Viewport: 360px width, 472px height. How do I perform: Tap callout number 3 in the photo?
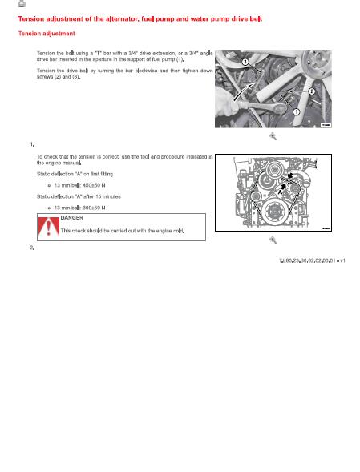coord(245,62)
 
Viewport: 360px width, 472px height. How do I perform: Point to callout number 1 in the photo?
coord(296,112)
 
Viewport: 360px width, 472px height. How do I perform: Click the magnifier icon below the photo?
coord(273,137)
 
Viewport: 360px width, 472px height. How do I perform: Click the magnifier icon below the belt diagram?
coord(273,240)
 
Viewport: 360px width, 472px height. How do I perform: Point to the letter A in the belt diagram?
coord(279,192)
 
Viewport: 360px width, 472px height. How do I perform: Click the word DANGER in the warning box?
coord(72,217)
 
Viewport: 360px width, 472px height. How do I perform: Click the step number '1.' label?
coord(30,144)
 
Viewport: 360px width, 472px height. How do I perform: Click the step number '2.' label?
coord(30,247)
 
